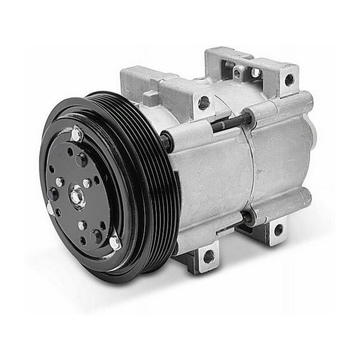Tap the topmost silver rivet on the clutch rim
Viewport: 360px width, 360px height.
[x=77, y=134]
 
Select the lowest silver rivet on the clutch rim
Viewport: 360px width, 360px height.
[x=115, y=242]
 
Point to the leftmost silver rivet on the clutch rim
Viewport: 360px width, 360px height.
[x=50, y=208]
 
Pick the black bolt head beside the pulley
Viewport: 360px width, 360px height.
[x=166, y=141]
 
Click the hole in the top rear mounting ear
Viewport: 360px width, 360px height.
[x=289, y=79]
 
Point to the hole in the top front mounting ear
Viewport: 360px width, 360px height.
[x=204, y=102]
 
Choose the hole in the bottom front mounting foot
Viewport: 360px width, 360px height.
[x=208, y=256]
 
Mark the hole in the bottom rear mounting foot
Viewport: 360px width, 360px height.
[x=277, y=229]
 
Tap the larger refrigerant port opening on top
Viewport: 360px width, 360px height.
[x=255, y=72]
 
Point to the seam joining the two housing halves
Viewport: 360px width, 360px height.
[x=255, y=169]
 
